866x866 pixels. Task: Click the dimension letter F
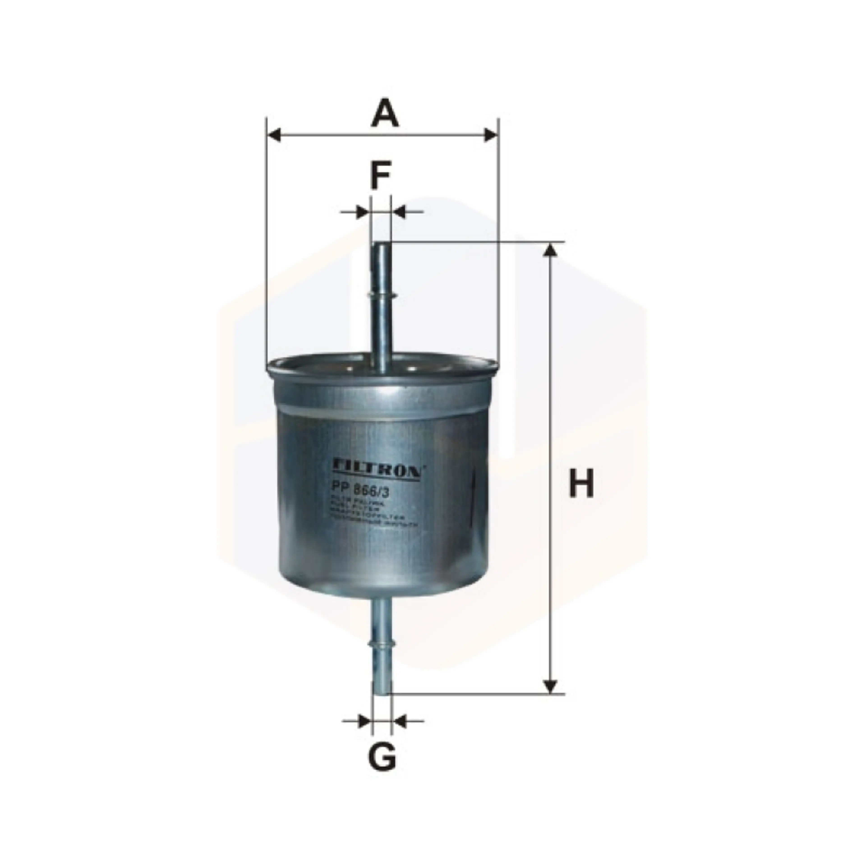coord(380,176)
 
